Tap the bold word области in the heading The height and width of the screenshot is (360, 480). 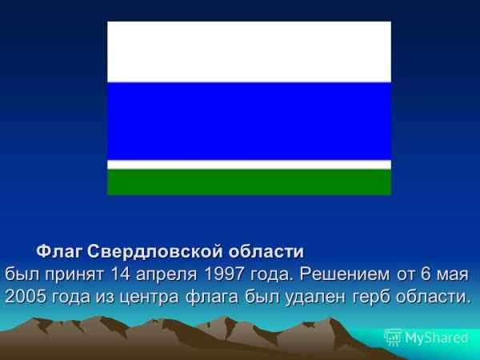(266, 252)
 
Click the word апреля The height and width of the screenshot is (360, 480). (166, 275)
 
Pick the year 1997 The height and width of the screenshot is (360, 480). (223, 274)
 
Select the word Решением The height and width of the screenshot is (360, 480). (345, 274)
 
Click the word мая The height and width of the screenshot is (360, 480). (452, 275)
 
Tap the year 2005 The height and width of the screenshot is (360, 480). (26, 296)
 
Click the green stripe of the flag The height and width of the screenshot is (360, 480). (249, 182)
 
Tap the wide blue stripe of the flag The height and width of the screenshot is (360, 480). (249, 122)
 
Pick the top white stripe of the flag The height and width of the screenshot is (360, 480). (249, 52)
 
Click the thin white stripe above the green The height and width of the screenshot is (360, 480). (249, 165)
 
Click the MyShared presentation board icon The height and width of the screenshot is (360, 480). (393, 338)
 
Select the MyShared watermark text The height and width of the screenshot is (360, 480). (437, 338)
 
